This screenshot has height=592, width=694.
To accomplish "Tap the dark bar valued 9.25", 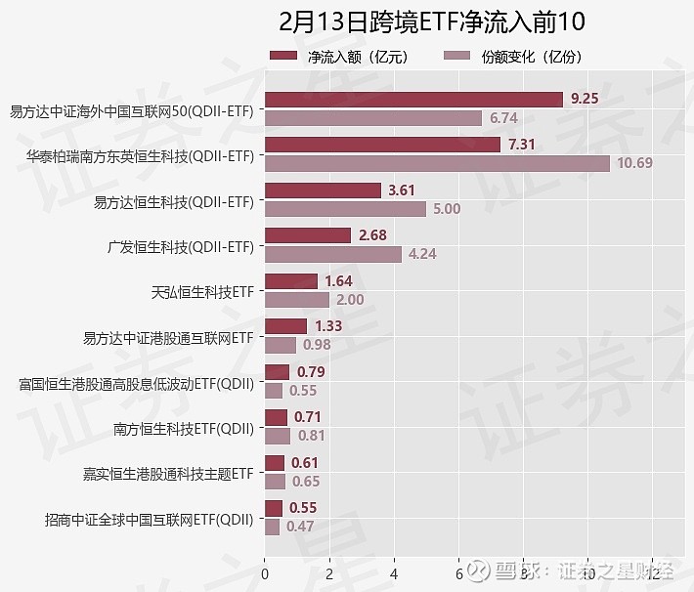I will [x=413, y=99].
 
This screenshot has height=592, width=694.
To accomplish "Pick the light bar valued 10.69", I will [x=437, y=162].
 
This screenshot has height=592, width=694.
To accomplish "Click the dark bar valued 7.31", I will [x=382, y=145].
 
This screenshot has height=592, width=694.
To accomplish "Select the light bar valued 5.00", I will [x=345, y=208].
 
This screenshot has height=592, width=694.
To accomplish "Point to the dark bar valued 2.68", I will [x=308, y=235].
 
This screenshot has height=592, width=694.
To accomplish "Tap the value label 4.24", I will [x=422, y=254].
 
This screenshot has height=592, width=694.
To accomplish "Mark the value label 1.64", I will [x=338, y=281].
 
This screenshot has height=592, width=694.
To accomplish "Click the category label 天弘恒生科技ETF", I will [x=202, y=291].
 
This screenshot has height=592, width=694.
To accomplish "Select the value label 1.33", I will [x=328, y=326].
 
